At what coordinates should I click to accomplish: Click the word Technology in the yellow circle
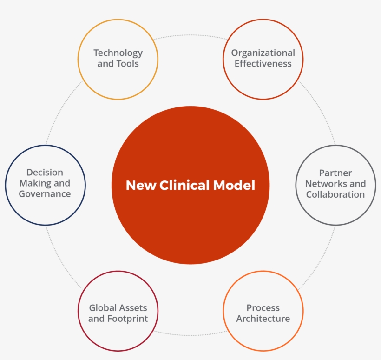118,53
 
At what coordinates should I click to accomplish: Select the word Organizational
263,53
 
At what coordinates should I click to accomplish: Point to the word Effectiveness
263,64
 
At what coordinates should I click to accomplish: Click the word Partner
335,173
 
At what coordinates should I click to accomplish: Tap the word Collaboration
335,194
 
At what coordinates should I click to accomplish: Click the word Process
263,308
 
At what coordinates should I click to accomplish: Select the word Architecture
263,319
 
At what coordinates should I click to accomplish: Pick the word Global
102,308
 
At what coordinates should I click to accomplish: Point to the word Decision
45,173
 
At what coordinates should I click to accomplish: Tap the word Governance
45,194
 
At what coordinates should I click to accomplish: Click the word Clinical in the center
185,186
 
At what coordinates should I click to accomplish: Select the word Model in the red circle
234,186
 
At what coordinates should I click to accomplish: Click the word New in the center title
141,186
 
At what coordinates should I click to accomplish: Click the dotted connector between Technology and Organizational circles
190,34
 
